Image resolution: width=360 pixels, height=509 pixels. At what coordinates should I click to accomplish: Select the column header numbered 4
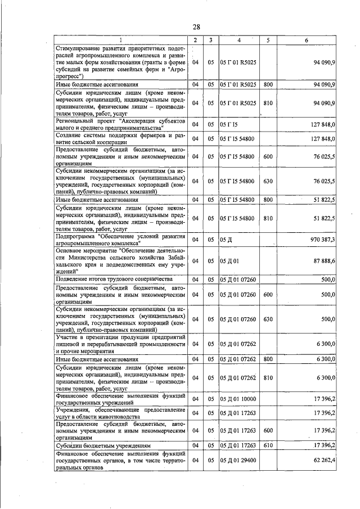pyautogui.click(x=238, y=40)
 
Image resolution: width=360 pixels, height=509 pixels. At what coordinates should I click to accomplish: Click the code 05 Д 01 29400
pyautogui.click(x=238, y=460)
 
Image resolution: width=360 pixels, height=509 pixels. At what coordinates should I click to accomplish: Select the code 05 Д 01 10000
pyautogui.click(x=238, y=399)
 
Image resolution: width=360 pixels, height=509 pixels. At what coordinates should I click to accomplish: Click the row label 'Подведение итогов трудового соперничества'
pyautogui.click(x=113, y=279)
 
